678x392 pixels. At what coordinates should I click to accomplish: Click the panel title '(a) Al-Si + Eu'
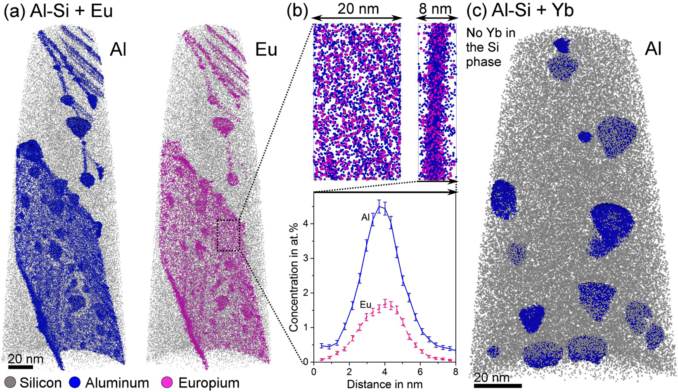(58, 12)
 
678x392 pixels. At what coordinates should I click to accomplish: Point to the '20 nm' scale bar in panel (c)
(497, 386)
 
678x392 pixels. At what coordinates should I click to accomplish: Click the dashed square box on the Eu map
(228, 235)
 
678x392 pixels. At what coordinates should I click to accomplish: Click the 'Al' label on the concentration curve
(365, 218)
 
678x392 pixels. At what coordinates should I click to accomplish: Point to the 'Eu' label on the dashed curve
(366, 306)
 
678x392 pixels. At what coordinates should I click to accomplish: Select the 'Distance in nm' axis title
(385, 384)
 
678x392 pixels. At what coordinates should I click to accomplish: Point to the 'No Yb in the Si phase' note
(491, 47)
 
